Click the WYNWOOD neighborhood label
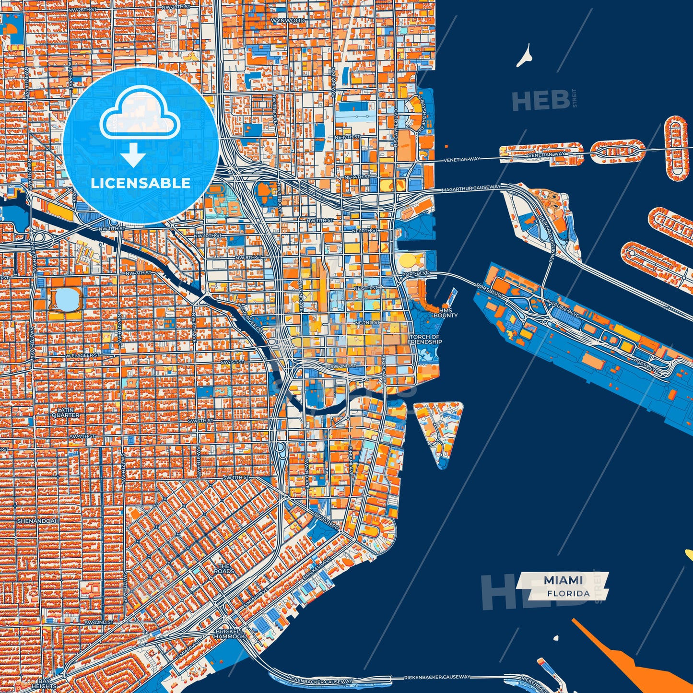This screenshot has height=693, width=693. (x=287, y=21)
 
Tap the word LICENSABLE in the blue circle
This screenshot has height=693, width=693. (x=141, y=183)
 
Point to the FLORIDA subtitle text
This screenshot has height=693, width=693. (x=568, y=594)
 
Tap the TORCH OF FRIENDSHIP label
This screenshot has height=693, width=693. (x=425, y=340)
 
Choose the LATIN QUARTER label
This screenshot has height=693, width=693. (x=65, y=412)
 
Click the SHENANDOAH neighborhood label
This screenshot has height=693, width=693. (x=37, y=520)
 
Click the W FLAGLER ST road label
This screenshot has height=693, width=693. (x=83, y=355)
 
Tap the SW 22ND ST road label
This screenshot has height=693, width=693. (x=99, y=622)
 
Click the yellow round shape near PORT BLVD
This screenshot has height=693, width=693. (x=410, y=261)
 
